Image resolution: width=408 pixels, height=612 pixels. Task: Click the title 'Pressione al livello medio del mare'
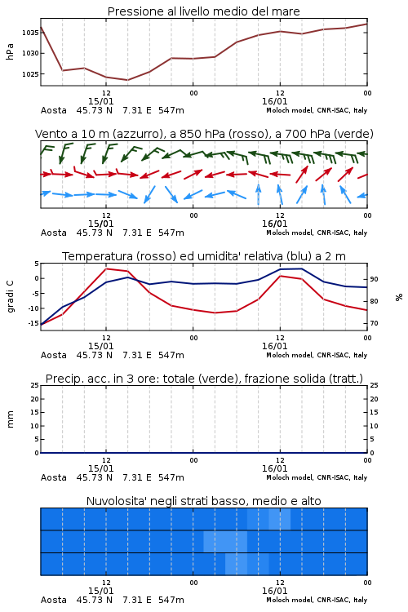203,11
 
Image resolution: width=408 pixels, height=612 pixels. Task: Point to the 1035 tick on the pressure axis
30,33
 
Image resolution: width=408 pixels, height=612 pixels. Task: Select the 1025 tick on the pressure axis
30,74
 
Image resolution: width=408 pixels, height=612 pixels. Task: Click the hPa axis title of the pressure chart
10,51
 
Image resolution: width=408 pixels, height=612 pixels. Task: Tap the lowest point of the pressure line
127,80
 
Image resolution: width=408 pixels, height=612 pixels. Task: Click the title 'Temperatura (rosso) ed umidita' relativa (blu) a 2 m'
204,256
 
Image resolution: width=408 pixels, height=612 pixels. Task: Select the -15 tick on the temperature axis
33,323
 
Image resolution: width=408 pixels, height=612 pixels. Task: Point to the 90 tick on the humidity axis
374,279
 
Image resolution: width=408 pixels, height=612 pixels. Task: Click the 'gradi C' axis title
11,297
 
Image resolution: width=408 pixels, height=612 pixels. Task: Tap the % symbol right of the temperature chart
399,297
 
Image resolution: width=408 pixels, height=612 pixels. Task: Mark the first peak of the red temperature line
106,268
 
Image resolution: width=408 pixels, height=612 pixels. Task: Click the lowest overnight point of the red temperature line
215,313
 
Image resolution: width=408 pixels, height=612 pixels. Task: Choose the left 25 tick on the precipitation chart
35,386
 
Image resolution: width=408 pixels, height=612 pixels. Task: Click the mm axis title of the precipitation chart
10,419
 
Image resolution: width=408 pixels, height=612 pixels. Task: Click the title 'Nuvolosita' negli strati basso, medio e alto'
204,501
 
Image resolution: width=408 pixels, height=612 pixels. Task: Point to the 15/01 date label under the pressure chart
100,101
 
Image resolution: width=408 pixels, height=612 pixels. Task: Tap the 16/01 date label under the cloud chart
274,591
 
